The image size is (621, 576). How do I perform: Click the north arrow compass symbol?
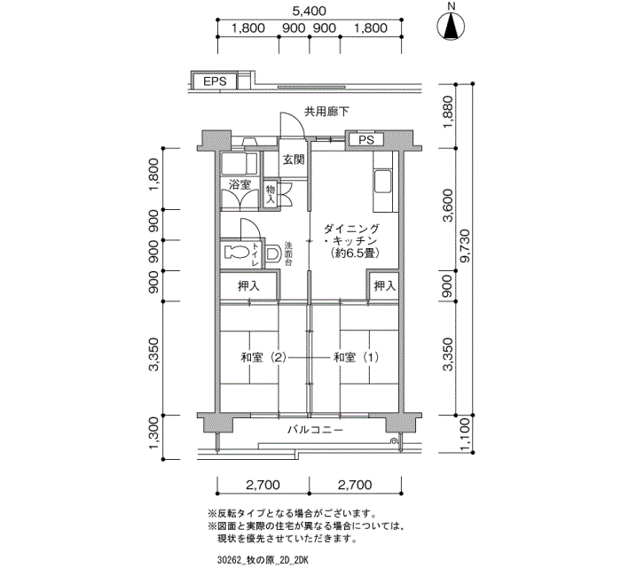(x=451, y=27)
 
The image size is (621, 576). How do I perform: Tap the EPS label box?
(x=215, y=82)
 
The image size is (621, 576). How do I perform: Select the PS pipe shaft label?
(x=366, y=140)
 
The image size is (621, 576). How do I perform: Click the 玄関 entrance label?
(x=294, y=160)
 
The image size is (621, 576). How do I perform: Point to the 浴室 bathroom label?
(x=240, y=184)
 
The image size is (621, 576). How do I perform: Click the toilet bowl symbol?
(x=236, y=253)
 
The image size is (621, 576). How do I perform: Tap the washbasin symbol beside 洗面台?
(x=272, y=253)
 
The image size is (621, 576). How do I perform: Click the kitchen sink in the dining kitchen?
(x=383, y=181)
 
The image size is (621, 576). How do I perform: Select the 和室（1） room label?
(x=356, y=358)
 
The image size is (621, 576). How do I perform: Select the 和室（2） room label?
(x=263, y=358)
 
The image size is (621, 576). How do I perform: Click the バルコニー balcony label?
(x=315, y=430)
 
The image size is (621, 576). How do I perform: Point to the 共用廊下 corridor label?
(x=326, y=112)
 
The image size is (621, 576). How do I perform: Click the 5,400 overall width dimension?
(x=310, y=11)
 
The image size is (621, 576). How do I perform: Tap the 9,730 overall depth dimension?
(x=465, y=245)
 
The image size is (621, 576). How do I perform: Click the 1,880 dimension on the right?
(x=448, y=112)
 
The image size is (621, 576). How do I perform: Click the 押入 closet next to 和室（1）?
(x=385, y=285)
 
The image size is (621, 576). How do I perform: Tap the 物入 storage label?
(x=271, y=194)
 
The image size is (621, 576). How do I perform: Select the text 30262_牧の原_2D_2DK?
(x=263, y=561)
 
